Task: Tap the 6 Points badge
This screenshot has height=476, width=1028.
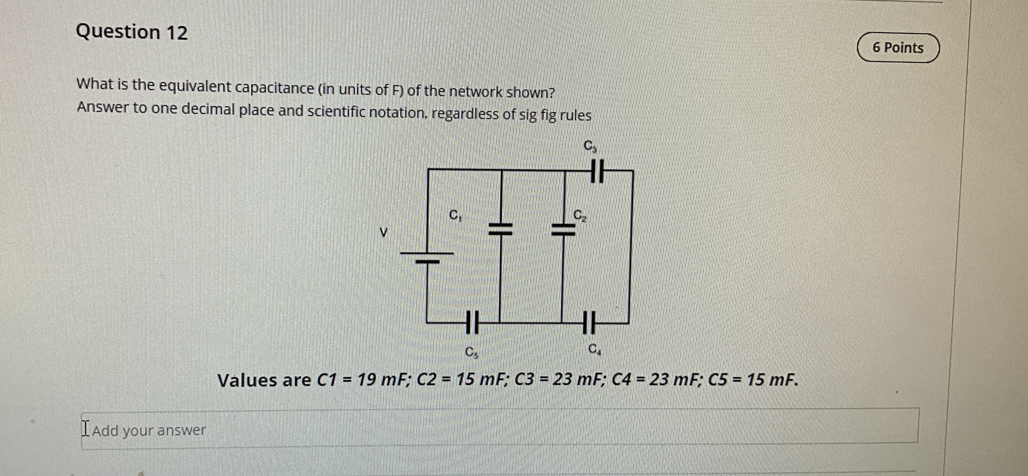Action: (x=898, y=48)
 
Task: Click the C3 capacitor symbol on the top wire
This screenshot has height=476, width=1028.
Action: (x=597, y=171)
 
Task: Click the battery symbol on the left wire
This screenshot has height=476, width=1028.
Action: (x=427, y=257)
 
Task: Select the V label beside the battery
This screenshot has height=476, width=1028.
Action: (x=384, y=231)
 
